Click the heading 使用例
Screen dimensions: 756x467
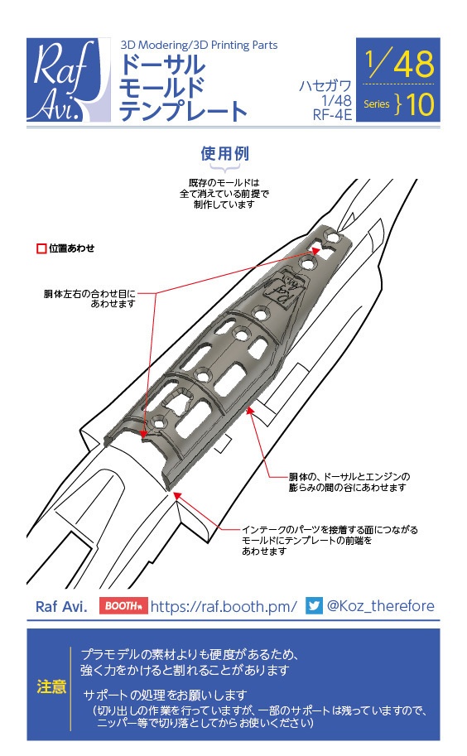pyautogui.click(x=224, y=154)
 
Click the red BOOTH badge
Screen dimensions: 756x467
pyautogui.click(x=123, y=606)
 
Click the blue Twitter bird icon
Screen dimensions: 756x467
pyautogui.click(x=314, y=606)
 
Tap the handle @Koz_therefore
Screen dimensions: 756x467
pyautogui.click(x=380, y=606)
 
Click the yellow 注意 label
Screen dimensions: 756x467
pyautogui.click(x=52, y=686)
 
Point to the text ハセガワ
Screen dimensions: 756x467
pyautogui.click(x=325, y=85)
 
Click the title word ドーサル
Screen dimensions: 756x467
pyautogui.click(x=161, y=65)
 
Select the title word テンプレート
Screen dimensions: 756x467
pyautogui.click(x=183, y=111)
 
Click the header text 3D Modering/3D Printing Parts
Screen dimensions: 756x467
pyautogui.click(x=199, y=45)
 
